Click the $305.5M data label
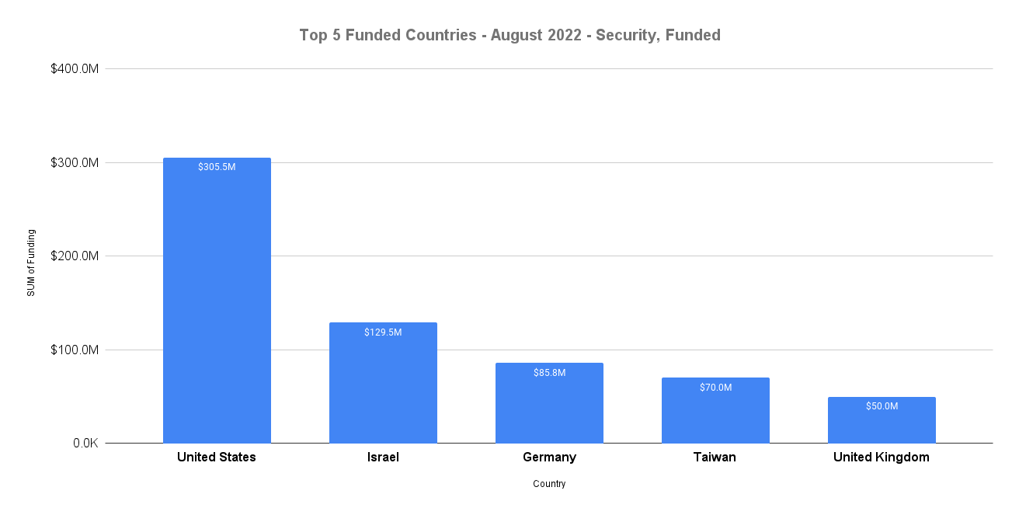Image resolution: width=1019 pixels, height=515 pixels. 217,167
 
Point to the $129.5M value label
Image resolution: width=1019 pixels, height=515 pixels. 383,332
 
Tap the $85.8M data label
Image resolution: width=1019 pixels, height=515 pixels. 549,373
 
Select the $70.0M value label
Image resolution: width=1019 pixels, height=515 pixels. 715,388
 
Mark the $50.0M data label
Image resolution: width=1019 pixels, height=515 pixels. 882,406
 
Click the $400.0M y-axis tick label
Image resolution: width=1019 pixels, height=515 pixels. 75,69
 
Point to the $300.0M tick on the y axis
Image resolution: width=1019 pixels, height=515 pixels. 75,163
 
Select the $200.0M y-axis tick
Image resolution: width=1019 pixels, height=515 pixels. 75,256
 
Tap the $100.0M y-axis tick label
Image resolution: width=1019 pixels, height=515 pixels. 75,350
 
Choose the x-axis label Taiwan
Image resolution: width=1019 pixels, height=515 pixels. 715,458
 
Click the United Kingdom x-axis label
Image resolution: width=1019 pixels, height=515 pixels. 881,458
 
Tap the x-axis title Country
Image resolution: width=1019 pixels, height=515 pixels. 549,484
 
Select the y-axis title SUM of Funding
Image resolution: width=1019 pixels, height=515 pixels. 31,263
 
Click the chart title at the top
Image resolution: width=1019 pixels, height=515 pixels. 510,35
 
